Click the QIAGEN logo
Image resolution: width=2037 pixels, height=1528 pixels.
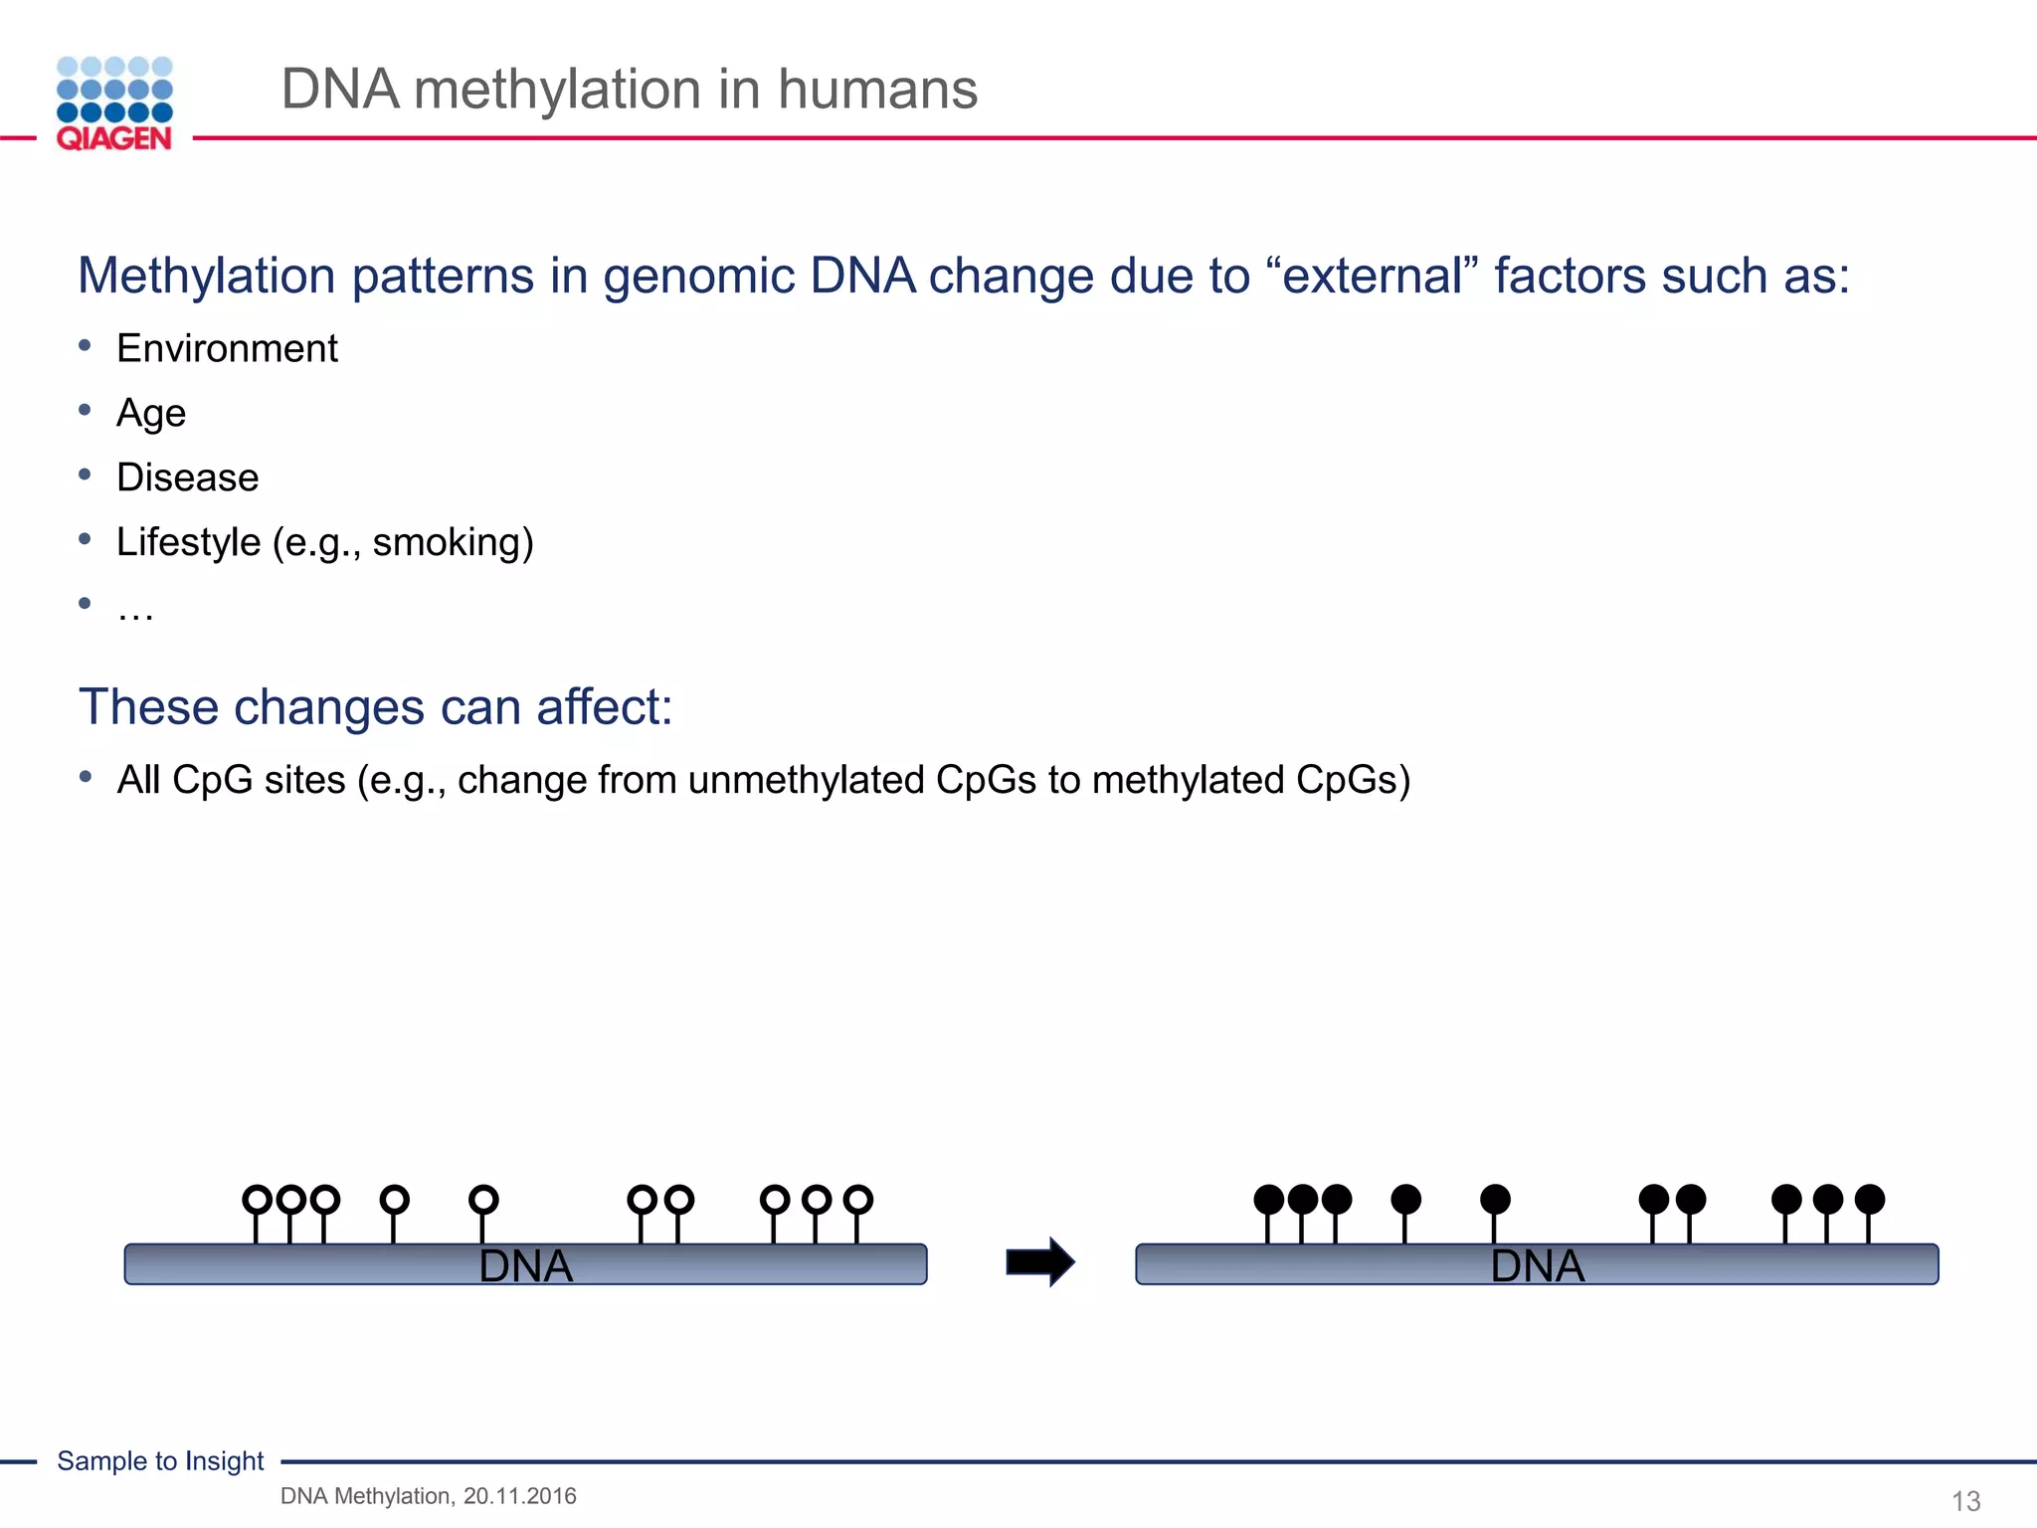[x=114, y=103]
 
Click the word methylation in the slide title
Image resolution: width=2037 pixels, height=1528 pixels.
[x=557, y=90]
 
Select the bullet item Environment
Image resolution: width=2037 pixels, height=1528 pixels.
[x=227, y=349]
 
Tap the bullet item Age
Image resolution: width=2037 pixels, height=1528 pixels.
[x=151, y=413]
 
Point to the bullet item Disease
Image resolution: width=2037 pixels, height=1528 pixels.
[x=187, y=477]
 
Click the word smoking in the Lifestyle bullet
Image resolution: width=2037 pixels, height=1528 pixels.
[x=447, y=542]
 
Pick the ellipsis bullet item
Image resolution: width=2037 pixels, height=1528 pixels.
[x=134, y=609]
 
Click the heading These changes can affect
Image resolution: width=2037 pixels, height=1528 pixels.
[x=375, y=707]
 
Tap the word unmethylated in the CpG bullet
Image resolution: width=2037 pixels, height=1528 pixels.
[x=806, y=780]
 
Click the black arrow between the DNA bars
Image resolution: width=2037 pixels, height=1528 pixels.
[x=1039, y=1262]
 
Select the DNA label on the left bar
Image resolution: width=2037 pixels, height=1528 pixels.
[x=525, y=1266]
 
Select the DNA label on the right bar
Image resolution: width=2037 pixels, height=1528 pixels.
[x=1537, y=1266]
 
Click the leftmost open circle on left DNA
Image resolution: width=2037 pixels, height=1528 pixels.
[x=257, y=1199]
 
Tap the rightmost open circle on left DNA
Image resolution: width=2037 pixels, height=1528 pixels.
[x=857, y=1199]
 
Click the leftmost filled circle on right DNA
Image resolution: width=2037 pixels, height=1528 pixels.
[x=1268, y=1199]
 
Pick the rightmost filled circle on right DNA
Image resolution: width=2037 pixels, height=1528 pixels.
[x=1869, y=1199]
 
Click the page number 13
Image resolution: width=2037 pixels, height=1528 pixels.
[x=1965, y=1500]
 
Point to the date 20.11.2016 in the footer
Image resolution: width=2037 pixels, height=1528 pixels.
[x=519, y=1496]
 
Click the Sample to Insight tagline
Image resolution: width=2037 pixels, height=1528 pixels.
[x=160, y=1461]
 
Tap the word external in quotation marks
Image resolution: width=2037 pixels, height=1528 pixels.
[x=1372, y=277]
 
